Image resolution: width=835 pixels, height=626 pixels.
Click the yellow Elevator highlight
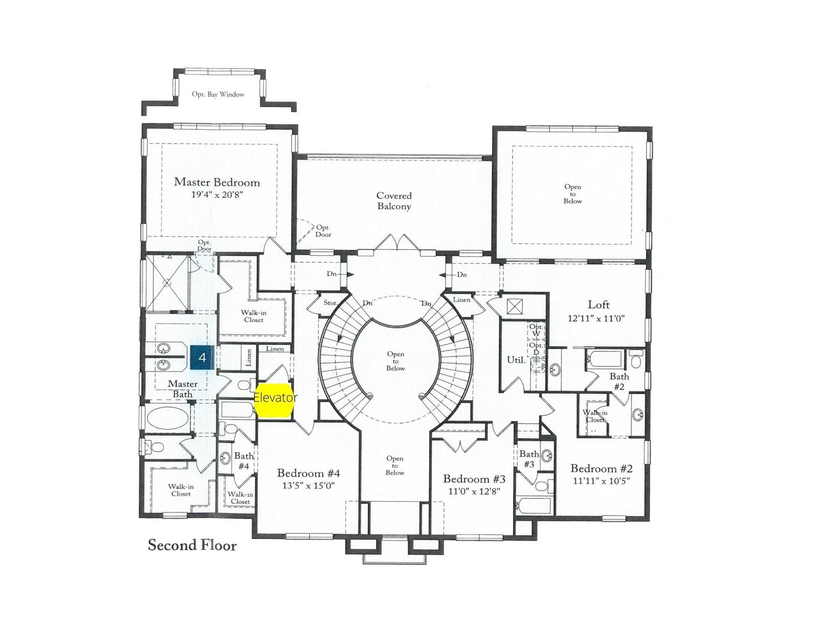[x=274, y=401]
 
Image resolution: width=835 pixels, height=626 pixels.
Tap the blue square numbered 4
[x=202, y=357]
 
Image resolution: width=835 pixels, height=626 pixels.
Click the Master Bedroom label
[x=217, y=182]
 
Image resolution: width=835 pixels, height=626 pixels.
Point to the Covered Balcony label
[x=394, y=201]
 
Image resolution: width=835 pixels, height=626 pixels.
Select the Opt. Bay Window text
[x=218, y=94]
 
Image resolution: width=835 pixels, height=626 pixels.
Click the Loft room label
[x=599, y=304]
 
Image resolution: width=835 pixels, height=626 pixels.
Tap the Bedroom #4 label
[x=308, y=473]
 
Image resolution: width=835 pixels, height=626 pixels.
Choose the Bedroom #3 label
[x=474, y=479]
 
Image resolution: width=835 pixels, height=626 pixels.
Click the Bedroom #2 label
[x=601, y=468]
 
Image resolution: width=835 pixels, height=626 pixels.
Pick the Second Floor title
[x=192, y=545]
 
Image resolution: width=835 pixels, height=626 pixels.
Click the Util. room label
[x=516, y=360]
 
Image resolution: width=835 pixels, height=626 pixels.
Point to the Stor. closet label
[x=330, y=303]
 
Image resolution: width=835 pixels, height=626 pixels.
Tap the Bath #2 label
[x=619, y=381]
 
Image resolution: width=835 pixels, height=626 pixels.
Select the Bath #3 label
[x=529, y=459]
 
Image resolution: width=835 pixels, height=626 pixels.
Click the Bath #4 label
[x=244, y=461]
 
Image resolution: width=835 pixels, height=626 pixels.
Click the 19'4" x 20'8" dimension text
[x=217, y=195]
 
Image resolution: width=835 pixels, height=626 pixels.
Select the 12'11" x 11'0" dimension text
[x=596, y=319]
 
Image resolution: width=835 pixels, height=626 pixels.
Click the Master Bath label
[x=183, y=389]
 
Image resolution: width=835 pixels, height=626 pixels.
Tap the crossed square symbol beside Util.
[x=515, y=306]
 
